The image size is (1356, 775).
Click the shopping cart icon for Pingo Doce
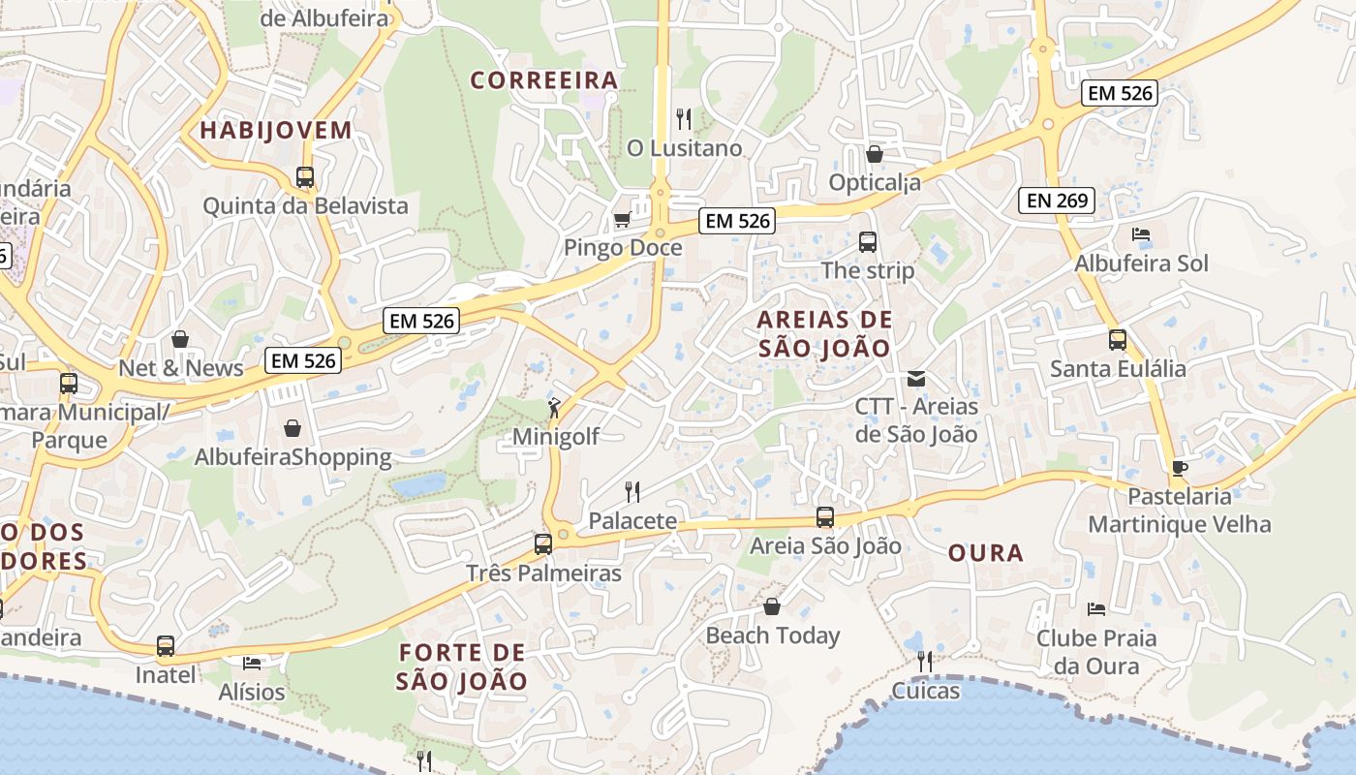[622, 219]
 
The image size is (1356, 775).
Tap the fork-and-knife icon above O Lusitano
[685, 119]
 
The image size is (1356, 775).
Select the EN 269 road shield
[1057, 201]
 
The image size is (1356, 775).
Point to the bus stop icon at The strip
[868, 242]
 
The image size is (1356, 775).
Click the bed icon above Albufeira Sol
[1141, 234]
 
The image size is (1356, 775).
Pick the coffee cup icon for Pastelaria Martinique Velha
[1179, 468]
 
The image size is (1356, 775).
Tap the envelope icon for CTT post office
[916, 378]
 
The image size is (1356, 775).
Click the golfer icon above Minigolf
[554, 408]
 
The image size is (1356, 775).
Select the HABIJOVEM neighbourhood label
[275, 130]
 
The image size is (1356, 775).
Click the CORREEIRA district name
[544, 79]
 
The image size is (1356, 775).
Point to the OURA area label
[985, 553]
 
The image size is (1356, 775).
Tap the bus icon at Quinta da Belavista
[305, 177]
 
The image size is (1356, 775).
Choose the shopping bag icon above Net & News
[180, 339]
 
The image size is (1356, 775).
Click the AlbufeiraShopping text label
[293, 456]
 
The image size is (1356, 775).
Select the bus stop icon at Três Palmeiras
[543, 543]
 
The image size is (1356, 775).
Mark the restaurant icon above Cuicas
[925, 662]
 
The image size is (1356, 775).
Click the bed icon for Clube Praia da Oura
[1095, 609]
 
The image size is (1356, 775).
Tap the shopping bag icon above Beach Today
[772, 606]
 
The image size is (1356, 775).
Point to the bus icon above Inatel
[166, 646]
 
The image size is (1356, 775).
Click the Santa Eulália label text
[1118, 368]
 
